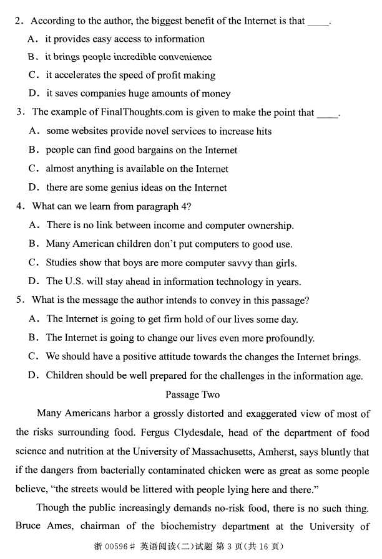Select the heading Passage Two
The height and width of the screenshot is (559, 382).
pos(192,394)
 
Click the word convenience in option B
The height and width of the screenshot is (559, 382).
pos(182,57)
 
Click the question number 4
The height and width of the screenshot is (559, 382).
pos(20,206)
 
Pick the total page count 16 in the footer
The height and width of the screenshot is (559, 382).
pos(264,547)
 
